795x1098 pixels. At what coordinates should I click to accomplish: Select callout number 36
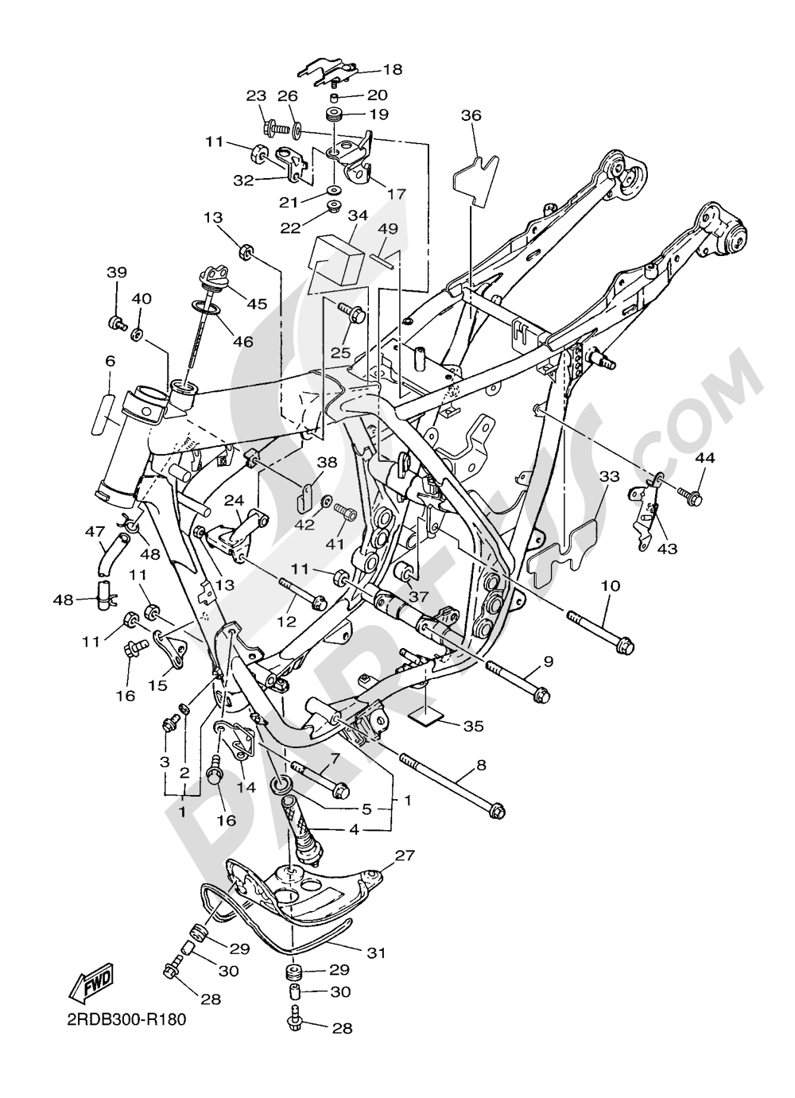point(471,116)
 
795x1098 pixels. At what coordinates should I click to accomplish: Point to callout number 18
point(393,70)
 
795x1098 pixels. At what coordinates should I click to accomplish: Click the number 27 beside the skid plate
point(405,856)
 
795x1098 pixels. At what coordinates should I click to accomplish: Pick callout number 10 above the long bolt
point(611,586)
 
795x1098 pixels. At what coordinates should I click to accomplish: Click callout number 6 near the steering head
point(111,361)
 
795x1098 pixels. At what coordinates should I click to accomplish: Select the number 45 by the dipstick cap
point(257,304)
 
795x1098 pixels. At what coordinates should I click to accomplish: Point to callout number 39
point(117,273)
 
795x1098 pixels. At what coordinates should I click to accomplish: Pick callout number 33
point(610,477)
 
